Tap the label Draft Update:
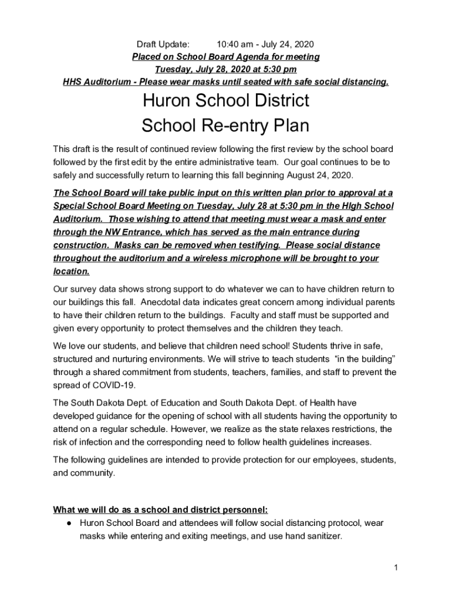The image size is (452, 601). click(163, 44)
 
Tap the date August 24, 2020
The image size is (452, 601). click(320, 175)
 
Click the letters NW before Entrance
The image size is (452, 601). click(104, 232)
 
